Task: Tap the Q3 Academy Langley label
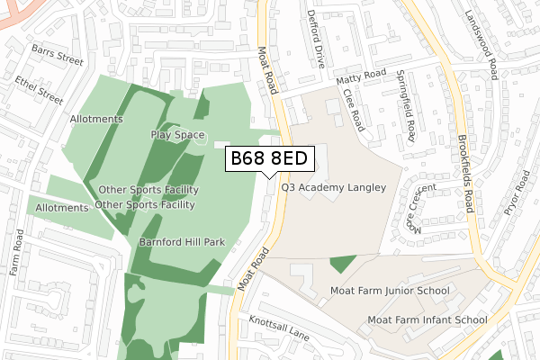(x=333, y=188)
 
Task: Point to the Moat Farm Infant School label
(x=427, y=319)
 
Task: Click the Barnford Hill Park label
(x=181, y=242)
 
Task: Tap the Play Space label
(x=178, y=135)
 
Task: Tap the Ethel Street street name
(x=39, y=89)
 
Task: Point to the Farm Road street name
(x=16, y=252)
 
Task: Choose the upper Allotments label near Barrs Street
(x=96, y=119)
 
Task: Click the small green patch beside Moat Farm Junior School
(x=343, y=264)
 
